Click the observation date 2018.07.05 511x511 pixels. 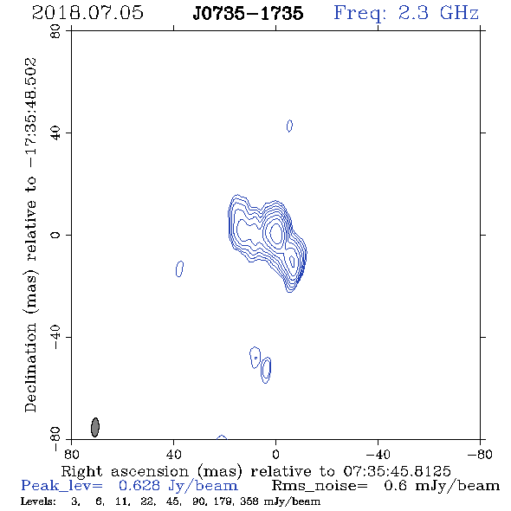tap(87, 13)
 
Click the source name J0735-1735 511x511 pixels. tap(248, 13)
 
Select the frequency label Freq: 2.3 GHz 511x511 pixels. tap(406, 13)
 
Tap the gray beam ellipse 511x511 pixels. tap(94, 427)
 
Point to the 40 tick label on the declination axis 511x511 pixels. tap(55, 133)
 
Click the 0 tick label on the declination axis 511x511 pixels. tap(55, 235)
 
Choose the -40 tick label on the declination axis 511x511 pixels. tap(55, 337)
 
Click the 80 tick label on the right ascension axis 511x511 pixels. tap(71, 455)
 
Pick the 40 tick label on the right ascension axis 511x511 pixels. tap(173, 455)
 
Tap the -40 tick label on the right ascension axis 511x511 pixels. tap(378, 455)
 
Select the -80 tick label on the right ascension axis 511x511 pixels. tap(480, 455)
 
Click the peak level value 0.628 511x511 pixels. tap(139, 486)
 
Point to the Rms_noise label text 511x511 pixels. tap(320, 486)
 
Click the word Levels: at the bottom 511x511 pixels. tap(38, 501)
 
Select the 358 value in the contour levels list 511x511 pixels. tap(249, 501)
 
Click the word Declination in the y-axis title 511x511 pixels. tap(30, 367)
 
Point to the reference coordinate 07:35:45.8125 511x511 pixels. tap(397, 471)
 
